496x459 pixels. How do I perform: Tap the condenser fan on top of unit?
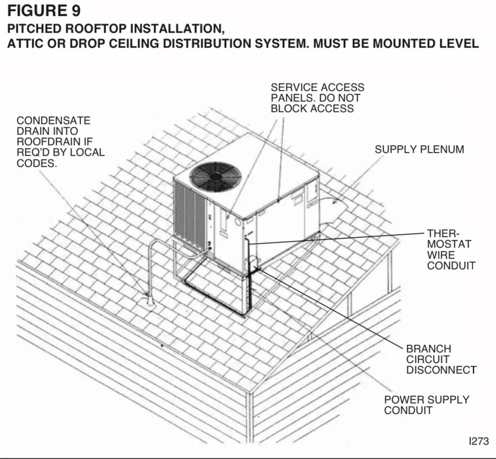[x=215, y=176]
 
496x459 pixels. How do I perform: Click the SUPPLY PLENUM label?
[x=419, y=149]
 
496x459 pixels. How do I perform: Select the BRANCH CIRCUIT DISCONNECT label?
[x=441, y=359]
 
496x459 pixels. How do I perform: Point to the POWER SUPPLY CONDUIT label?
[x=427, y=405]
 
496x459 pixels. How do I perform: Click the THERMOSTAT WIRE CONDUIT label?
[x=450, y=249]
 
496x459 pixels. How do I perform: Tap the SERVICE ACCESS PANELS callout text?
[x=317, y=98]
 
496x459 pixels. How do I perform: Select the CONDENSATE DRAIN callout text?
[x=61, y=142]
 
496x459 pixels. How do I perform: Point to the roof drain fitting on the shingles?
[x=148, y=302]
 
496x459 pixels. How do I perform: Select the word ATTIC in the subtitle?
[x=24, y=43]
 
